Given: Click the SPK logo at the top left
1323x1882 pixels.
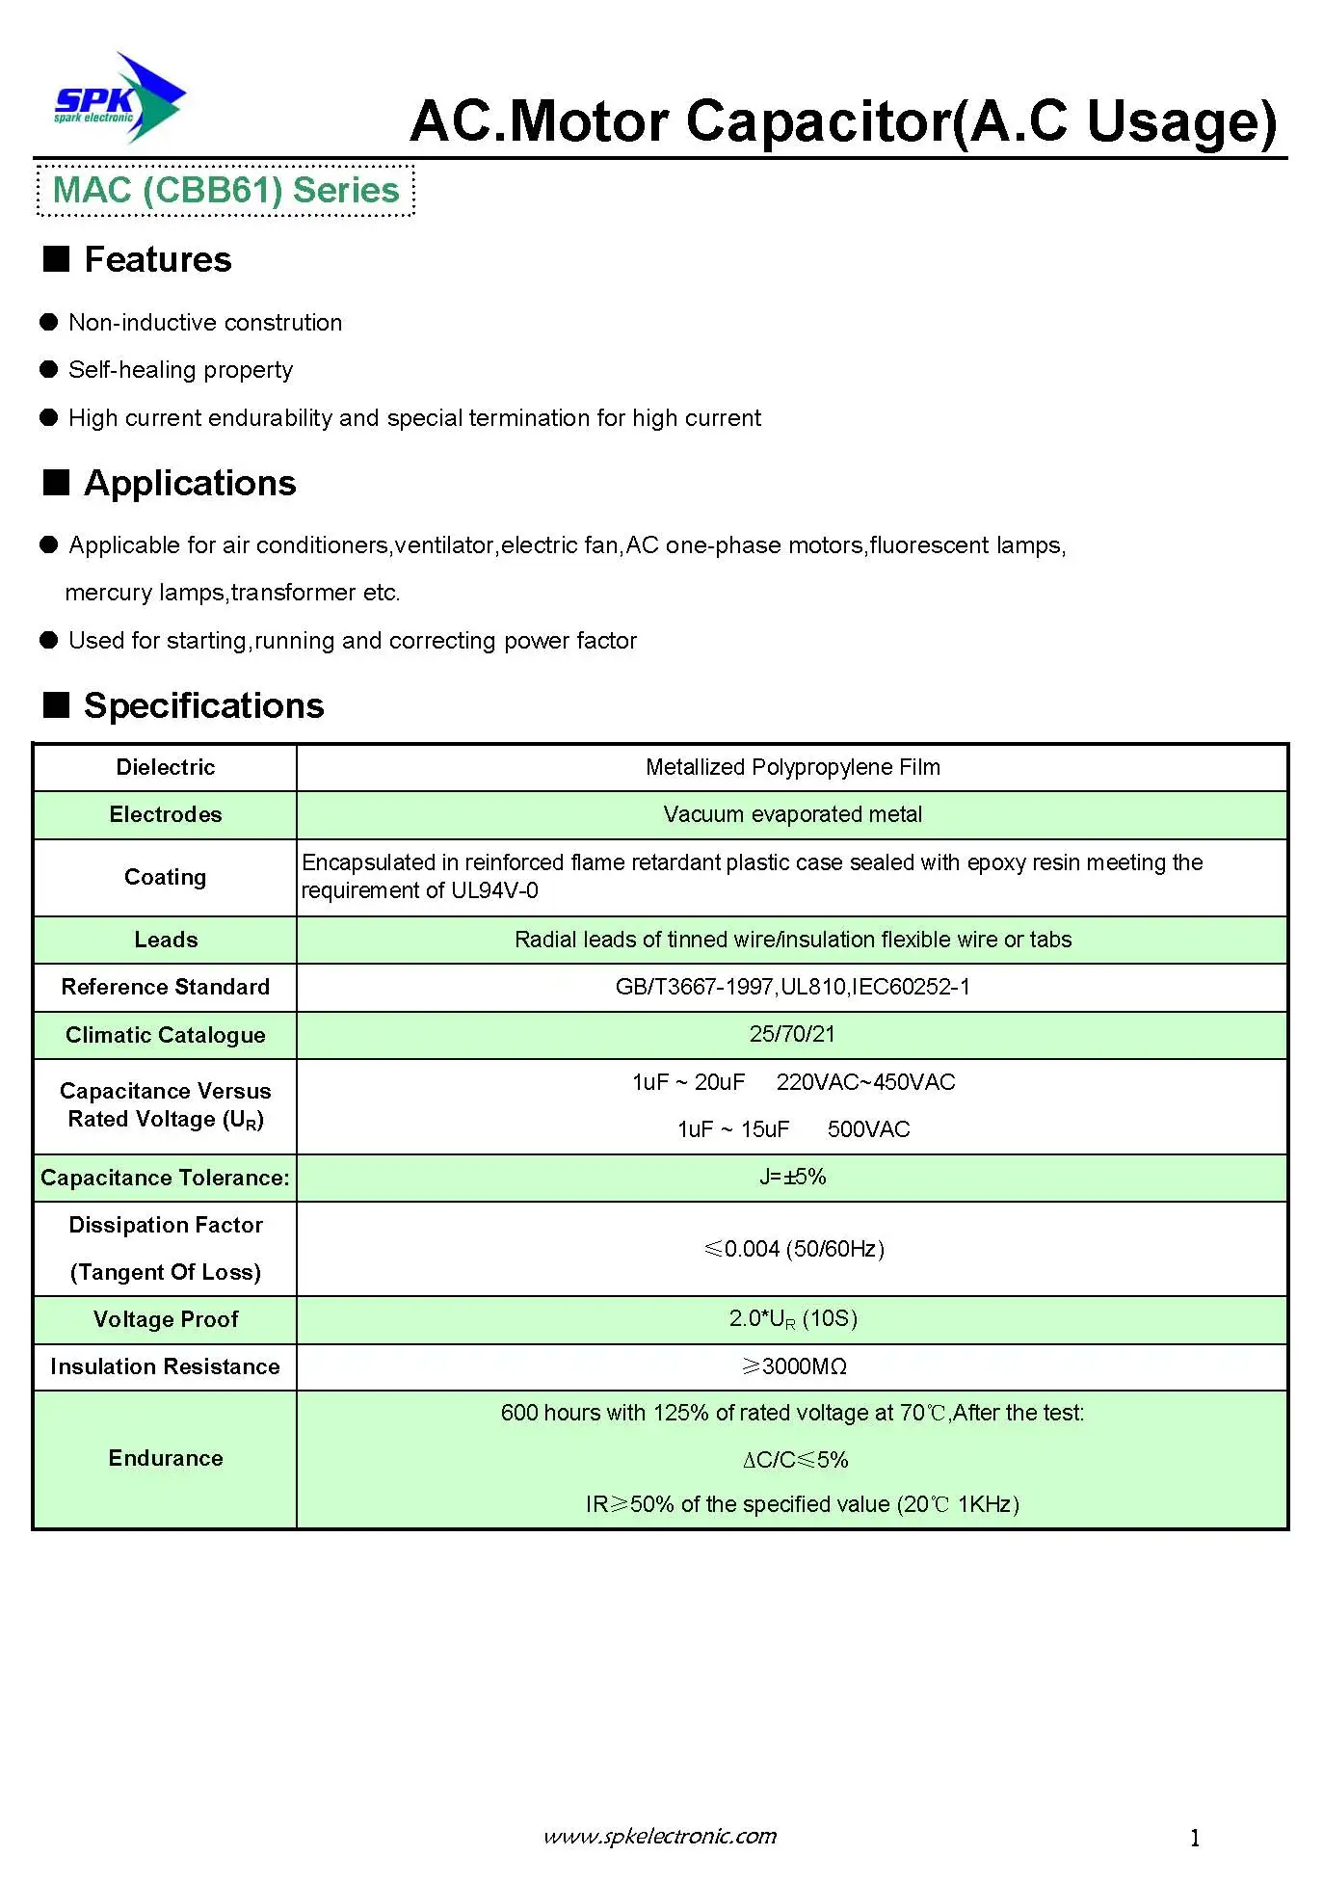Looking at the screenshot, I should (119, 99).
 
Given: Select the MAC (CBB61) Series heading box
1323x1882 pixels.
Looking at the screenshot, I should (225, 191).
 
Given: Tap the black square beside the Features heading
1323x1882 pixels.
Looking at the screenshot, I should (57, 259).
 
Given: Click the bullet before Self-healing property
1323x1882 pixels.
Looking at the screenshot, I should (49, 370).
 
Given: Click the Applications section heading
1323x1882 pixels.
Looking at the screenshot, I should (190, 483).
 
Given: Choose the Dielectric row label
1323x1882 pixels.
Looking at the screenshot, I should (165, 767).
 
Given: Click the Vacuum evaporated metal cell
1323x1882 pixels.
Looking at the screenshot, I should (792, 814).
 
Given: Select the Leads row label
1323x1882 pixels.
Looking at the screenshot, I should (165, 940).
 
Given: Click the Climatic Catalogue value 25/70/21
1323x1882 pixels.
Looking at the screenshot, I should (792, 1034).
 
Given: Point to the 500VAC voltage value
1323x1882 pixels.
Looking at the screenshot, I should (868, 1129).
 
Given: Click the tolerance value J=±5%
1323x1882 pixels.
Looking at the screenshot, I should (792, 1177).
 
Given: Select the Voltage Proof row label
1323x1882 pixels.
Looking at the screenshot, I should (165, 1319).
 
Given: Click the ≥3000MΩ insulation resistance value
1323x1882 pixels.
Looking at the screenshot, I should (794, 1366).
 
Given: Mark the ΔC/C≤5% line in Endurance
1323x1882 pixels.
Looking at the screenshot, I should (795, 1460).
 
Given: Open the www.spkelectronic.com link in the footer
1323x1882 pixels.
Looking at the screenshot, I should (660, 1836).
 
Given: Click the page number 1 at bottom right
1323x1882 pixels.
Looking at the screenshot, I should (1195, 1838).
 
